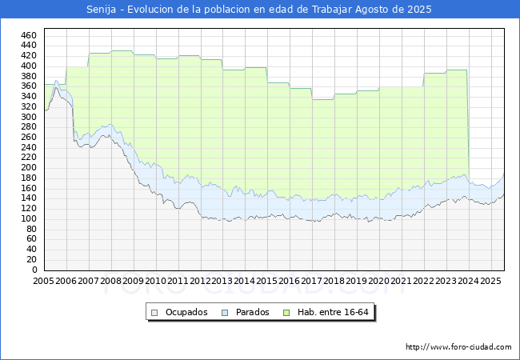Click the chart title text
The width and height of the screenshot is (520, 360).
[x=259, y=10]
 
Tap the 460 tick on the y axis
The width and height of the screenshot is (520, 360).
[x=29, y=35]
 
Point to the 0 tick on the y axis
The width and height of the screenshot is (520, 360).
[x=34, y=270]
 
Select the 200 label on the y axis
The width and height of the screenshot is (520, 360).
[x=29, y=168]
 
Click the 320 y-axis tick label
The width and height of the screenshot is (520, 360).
[x=29, y=106]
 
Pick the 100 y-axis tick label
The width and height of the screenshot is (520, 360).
[x=29, y=218]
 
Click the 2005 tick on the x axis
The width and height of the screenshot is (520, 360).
[x=44, y=281]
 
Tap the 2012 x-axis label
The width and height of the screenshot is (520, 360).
[x=200, y=281]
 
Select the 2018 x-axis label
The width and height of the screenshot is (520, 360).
[x=334, y=281]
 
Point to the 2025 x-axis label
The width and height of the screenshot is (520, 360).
[x=490, y=281]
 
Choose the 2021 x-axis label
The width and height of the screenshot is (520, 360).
[x=401, y=281]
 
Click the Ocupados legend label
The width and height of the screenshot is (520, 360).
[x=187, y=312]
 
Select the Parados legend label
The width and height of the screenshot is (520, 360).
[x=253, y=312]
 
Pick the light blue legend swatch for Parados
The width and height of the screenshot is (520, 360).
[x=225, y=312]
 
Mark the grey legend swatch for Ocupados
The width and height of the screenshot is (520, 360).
[x=155, y=312]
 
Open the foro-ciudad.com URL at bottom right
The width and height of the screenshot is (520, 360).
[x=458, y=347]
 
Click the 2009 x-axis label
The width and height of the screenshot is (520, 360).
[x=133, y=281]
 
